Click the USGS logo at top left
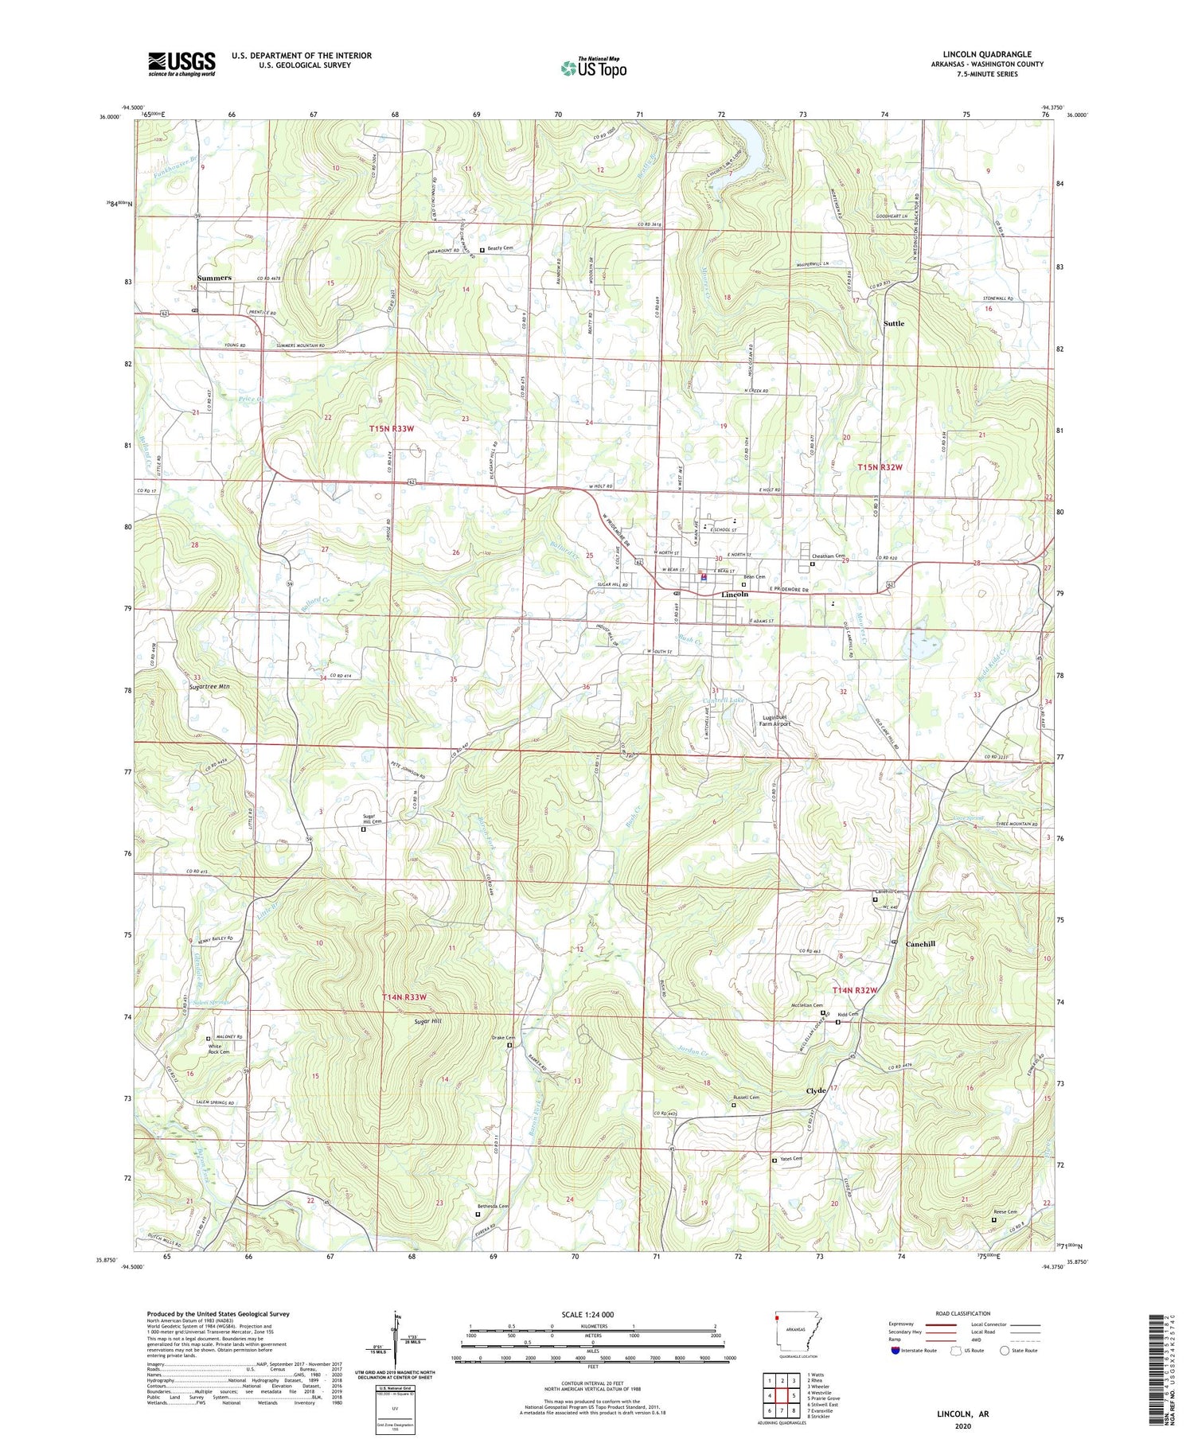[x=181, y=64]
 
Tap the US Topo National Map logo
[x=594, y=68]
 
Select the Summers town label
[x=214, y=278]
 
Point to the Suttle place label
[x=893, y=324]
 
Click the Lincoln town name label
[x=734, y=595]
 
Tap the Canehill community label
[x=920, y=944]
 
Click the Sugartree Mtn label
[x=209, y=686]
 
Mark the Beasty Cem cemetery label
[x=500, y=248]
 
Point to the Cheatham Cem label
[x=829, y=556]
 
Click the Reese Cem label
[x=1006, y=1212]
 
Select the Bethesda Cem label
[x=493, y=1207]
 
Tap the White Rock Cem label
[x=219, y=1048]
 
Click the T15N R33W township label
[x=392, y=429]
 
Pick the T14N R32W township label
[x=855, y=990]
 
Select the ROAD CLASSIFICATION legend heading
[x=963, y=1313]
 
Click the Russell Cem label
[x=746, y=1098]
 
